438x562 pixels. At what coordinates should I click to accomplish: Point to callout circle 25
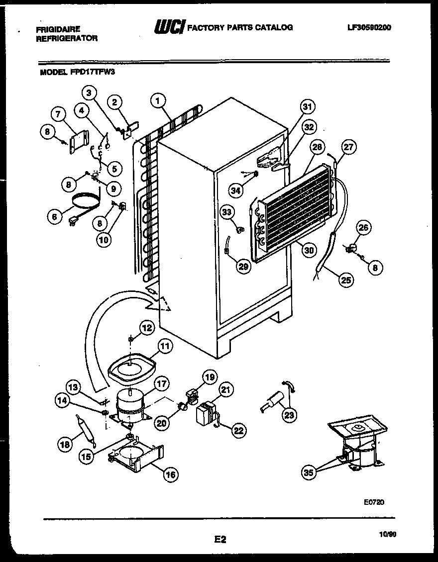click(346, 281)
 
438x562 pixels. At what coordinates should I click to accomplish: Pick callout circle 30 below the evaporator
click(310, 250)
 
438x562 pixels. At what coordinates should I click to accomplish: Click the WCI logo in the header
click(170, 27)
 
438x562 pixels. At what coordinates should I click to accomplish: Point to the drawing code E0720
click(374, 502)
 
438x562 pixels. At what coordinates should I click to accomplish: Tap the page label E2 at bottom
click(220, 539)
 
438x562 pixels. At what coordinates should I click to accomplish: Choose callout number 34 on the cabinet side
click(236, 189)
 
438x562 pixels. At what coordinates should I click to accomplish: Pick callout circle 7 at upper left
click(60, 114)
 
